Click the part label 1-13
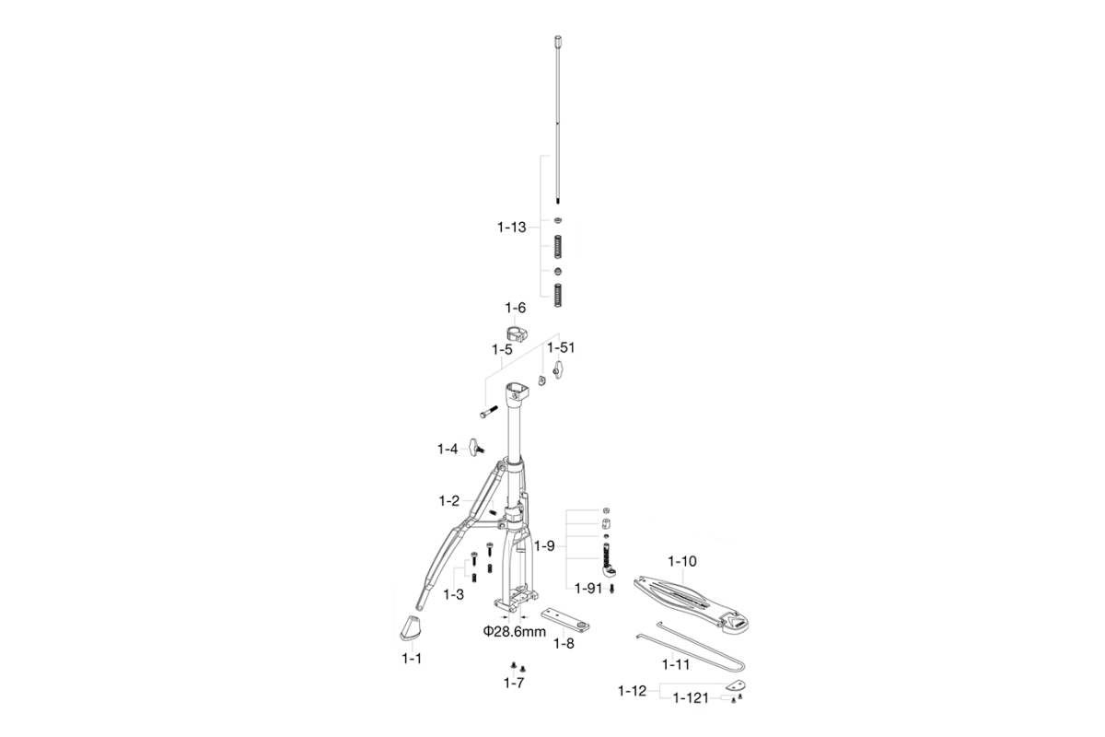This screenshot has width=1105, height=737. [x=512, y=228]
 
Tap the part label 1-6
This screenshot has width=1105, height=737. [x=515, y=308]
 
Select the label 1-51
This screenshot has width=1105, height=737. [x=561, y=347]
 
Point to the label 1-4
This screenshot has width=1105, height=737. [x=448, y=450]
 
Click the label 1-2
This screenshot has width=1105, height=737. [x=449, y=501]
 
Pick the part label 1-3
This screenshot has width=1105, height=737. [x=453, y=594]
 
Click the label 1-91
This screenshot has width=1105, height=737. [x=588, y=589]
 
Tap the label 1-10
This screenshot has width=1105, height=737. [x=682, y=561]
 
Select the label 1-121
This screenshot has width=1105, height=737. [x=691, y=698]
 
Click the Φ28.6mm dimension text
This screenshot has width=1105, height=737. [x=515, y=631]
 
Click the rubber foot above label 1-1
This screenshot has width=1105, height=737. [x=410, y=628]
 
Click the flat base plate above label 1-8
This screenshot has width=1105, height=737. [x=565, y=619]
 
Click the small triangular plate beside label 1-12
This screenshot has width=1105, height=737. [x=736, y=684]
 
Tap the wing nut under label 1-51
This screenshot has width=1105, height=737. [x=558, y=368]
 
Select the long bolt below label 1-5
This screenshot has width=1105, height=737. [x=489, y=412]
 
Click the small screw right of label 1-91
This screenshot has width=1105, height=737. [x=612, y=589]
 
